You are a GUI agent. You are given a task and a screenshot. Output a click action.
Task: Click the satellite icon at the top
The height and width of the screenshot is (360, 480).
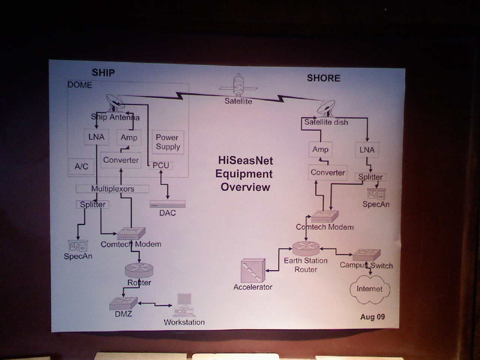[x=238, y=86]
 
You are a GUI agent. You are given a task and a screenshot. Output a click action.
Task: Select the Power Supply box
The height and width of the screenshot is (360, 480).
[x=168, y=142]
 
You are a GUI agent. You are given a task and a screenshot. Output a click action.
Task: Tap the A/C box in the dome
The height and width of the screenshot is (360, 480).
[x=81, y=166]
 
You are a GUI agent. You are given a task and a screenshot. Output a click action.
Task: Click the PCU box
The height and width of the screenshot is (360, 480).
[x=161, y=165]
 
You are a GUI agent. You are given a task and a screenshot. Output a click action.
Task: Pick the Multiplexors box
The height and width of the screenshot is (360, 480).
[x=112, y=189]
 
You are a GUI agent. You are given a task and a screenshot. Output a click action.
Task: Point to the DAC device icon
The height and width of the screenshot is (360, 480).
[x=168, y=204]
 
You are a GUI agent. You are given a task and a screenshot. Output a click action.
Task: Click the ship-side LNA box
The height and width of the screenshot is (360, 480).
[x=96, y=137]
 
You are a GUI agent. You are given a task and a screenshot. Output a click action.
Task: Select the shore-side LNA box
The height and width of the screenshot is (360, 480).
[x=367, y=150]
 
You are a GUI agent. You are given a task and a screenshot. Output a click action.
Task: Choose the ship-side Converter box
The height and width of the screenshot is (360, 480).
[x=121, y=160]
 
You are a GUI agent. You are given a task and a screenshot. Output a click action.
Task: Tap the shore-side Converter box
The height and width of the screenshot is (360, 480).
[x=328, y=172]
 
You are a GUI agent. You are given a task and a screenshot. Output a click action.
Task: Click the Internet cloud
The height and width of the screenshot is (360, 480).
[x=370, y=289]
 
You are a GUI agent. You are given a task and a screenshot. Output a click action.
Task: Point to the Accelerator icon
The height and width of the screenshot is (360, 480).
[x=253, y=271]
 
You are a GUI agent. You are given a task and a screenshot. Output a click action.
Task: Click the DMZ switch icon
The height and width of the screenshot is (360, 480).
[x=124, y=303]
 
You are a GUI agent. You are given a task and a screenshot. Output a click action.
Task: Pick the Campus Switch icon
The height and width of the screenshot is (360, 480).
[x=366, y=255]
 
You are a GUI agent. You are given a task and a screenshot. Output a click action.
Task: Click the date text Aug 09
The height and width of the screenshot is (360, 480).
[x=372, y=317]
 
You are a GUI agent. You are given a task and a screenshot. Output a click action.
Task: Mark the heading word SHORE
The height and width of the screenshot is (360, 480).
[x=324, y=78]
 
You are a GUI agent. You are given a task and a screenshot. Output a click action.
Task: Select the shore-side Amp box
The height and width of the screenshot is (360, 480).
[x=320, y=149]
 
